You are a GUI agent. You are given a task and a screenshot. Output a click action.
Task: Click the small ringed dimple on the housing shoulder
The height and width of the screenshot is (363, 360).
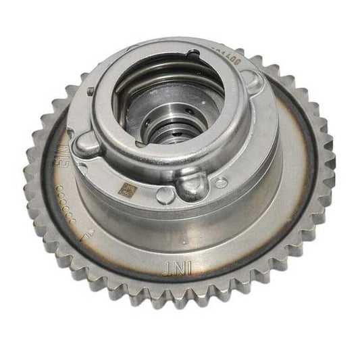222,183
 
